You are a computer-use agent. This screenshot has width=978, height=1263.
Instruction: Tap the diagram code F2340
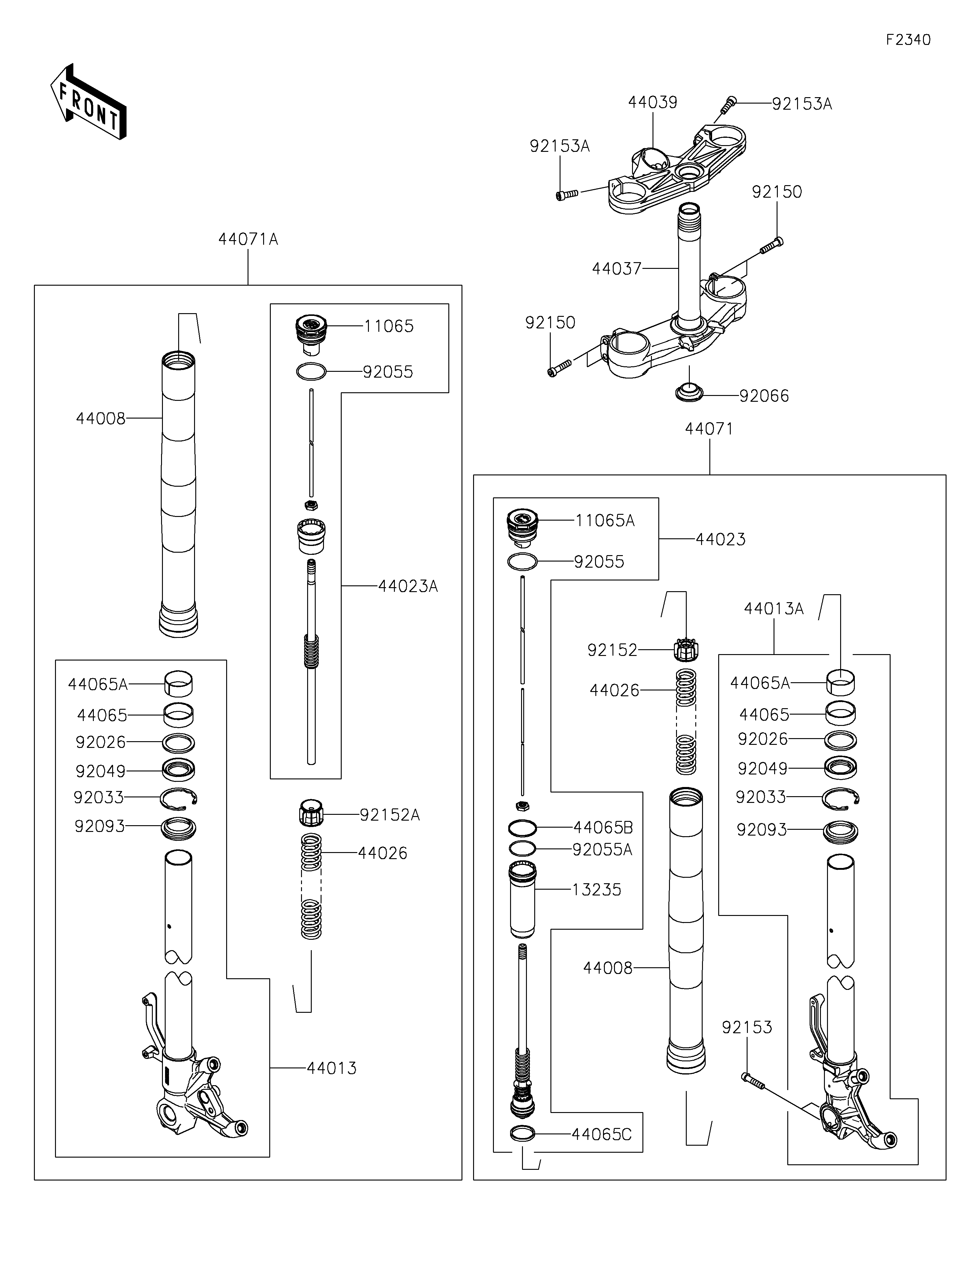point(908,40)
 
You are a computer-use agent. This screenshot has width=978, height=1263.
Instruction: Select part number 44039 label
point(653,102)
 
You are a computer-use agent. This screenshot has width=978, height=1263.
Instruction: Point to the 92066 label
point(764,396)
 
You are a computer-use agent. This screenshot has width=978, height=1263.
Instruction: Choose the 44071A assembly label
point(248,240)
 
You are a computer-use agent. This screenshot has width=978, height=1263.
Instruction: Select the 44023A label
point(408,586)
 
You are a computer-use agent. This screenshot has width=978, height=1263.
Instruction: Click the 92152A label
point(389,815)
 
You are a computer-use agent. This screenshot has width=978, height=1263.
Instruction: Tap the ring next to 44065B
point(522,829)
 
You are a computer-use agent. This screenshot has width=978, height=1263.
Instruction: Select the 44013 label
point(331,1068)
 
